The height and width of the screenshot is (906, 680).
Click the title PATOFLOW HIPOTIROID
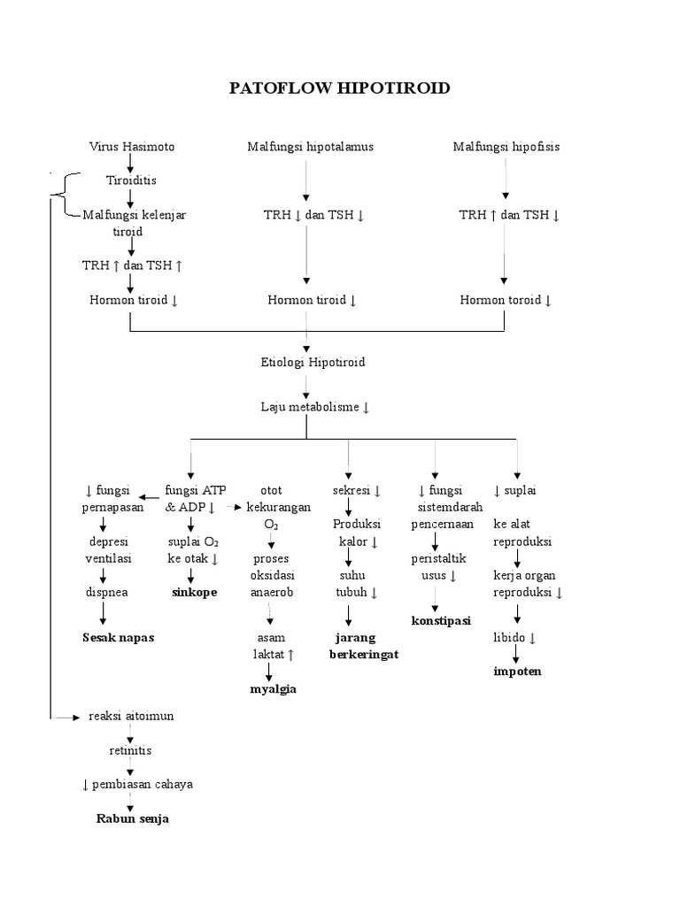[339, 88]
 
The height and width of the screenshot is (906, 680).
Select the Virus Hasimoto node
[131, 146]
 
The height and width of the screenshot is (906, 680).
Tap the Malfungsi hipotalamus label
[310, 146]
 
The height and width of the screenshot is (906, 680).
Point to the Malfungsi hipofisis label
[506, 146]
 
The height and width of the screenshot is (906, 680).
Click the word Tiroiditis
[131, 180]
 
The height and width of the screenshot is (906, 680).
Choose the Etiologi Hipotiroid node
[307, 362]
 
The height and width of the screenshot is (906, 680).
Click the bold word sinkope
[194, 593]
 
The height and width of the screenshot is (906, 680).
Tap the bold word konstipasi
[441, 620]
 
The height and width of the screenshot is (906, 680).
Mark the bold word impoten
[517, 671]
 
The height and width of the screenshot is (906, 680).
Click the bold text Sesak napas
[118, 637]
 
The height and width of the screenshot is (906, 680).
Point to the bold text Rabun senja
[132, 818]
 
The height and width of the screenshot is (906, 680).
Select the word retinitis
[130, 750]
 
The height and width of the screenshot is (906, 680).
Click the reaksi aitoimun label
[131, 716]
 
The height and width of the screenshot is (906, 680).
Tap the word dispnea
[107, 592]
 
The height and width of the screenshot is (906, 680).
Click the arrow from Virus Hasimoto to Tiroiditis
[131, 163]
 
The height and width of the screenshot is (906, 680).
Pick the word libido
[514, 637]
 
